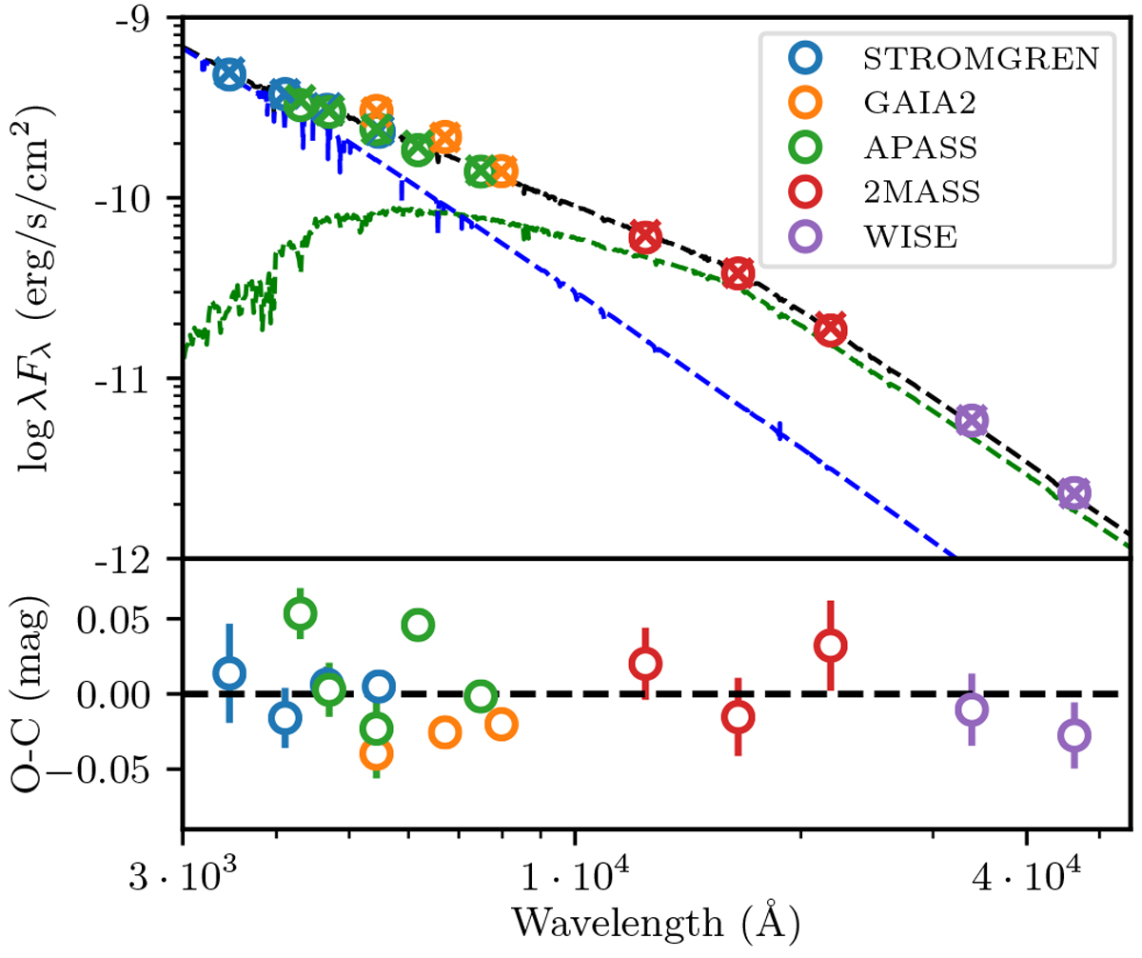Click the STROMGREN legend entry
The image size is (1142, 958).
[x=980, y=59]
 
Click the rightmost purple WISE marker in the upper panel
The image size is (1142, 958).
[x=1073, y=493]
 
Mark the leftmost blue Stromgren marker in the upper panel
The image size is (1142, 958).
[x=228, y=74]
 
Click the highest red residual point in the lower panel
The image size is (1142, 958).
[x=831, y=646]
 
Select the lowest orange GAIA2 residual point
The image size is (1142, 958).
[x=377, y=753]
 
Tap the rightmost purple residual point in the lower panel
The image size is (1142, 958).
[x=1073, y=735]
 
